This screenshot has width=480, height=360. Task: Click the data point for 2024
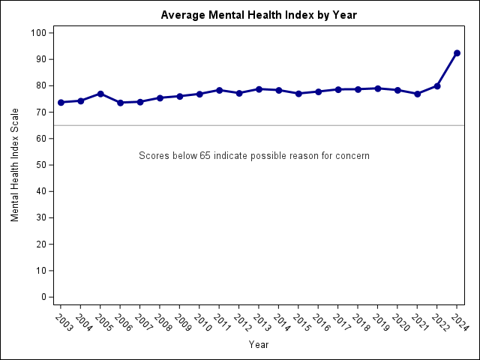457,53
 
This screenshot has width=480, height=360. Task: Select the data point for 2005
100,94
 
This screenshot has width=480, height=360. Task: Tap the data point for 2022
437,86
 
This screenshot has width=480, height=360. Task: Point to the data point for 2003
61,102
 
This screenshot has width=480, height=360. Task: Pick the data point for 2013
259,89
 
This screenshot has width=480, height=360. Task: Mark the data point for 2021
417,94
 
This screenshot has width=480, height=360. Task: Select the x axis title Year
259,345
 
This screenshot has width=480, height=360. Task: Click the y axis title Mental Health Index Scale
15,165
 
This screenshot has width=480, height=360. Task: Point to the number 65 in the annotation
205,156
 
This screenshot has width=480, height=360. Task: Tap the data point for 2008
160,98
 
